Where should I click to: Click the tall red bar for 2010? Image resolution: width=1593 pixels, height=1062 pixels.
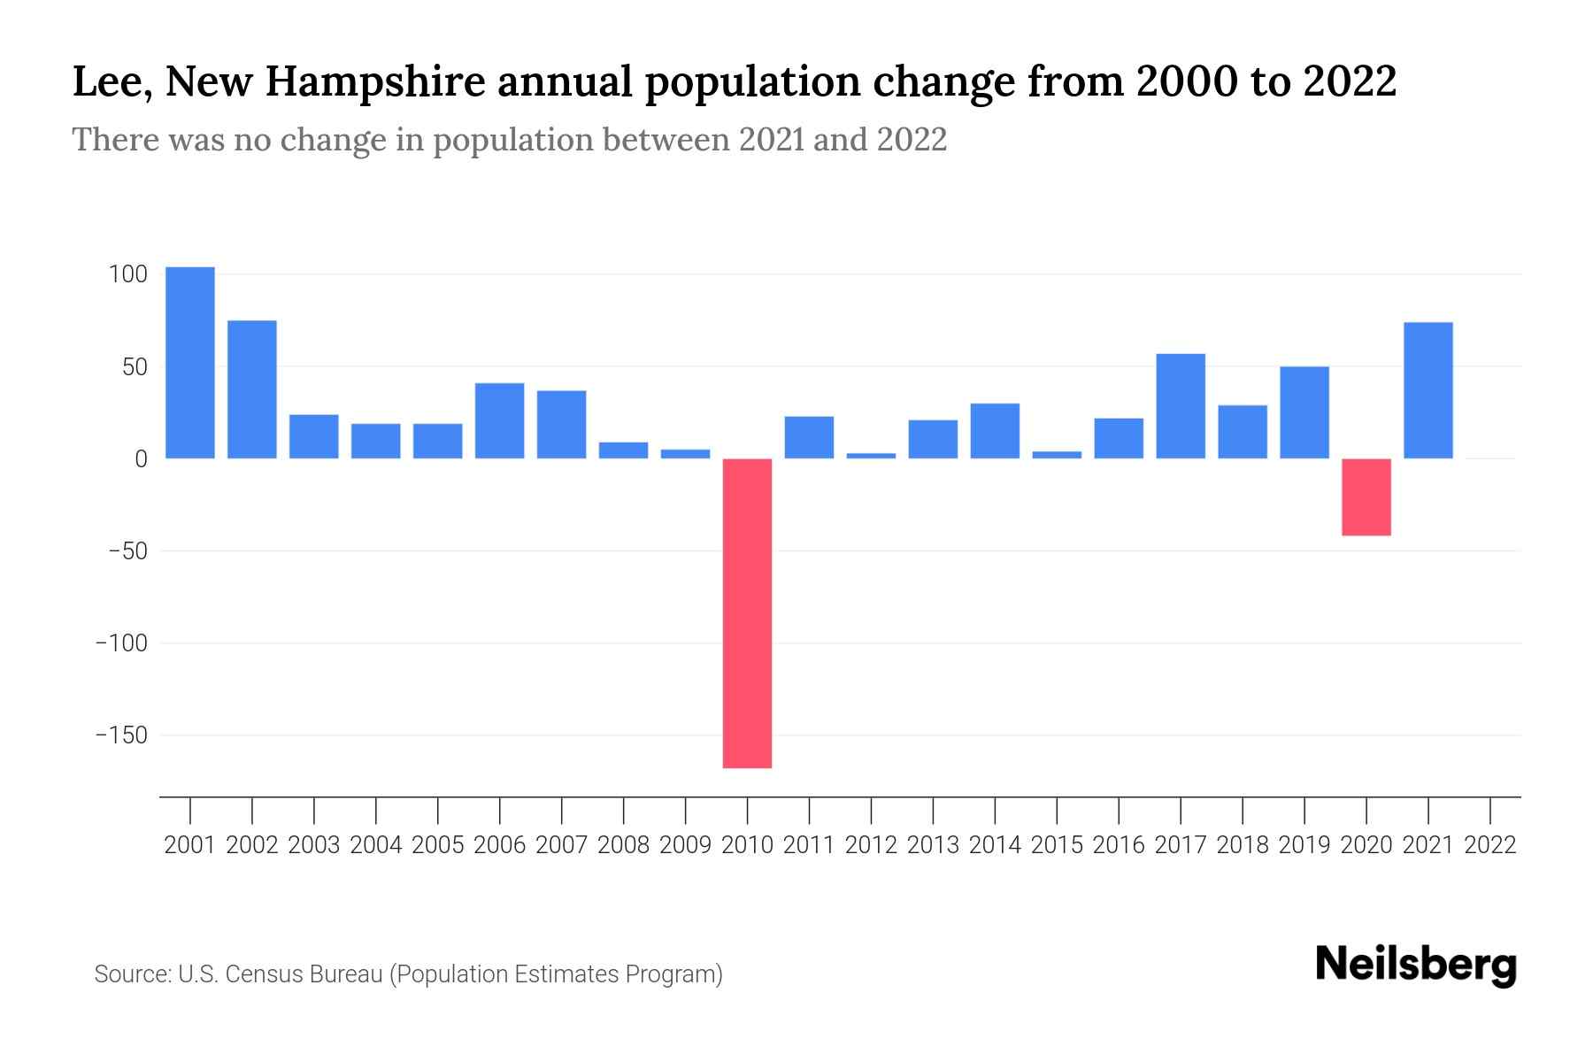coord(747,612)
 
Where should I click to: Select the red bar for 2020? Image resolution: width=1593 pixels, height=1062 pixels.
coord(1366,496)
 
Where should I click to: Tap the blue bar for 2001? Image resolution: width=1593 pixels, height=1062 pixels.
coord(190,363)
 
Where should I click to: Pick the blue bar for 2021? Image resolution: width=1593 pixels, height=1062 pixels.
coord(1428,390)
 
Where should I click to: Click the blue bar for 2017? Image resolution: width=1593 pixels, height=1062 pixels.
coord(1181,406)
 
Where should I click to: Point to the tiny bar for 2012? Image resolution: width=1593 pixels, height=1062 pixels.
coord(871,456)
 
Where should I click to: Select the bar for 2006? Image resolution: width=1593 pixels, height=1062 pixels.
coord(499,420)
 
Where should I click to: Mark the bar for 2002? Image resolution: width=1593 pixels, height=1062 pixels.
coord(252,389)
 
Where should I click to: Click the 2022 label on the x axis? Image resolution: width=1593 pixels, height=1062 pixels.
coord(1490,845)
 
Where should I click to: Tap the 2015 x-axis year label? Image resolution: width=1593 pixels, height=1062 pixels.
coord(1057,845)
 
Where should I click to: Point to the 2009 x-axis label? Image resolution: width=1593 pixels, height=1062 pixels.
coord(685,845)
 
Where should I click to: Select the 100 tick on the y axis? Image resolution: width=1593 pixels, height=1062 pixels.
coord(127,274)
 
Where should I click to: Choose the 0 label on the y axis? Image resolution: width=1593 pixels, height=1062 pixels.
coord(141,459)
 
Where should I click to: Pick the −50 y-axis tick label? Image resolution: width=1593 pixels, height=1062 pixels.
coord(127,551)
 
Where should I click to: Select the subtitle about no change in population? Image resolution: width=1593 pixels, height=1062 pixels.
coord(509,140)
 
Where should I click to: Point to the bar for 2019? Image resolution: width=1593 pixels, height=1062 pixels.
coord(1304,412)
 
